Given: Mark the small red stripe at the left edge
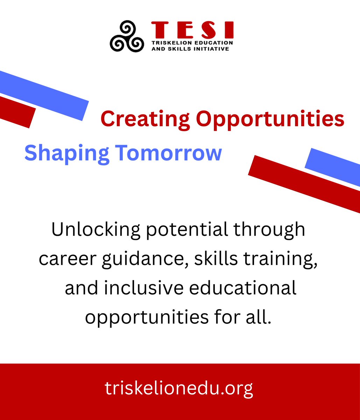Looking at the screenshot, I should (16, 111).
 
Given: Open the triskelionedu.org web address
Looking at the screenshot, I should (179, 388).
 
